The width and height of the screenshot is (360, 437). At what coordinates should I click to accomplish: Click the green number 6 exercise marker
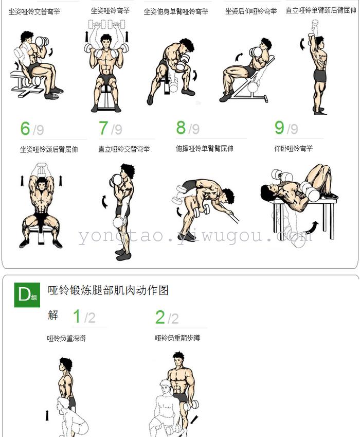[x=25, y=129]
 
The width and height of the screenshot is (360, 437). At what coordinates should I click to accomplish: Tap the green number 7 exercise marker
[x=103, y=128]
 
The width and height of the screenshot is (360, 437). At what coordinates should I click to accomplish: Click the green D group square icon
[x=27, y=295]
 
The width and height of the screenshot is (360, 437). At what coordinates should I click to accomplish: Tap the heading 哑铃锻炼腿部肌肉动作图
[x=108, y=290]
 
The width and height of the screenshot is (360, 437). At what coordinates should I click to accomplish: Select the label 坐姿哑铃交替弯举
[x=34, y=12]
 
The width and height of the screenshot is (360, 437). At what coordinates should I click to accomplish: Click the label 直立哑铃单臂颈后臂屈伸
[x=321, y=10]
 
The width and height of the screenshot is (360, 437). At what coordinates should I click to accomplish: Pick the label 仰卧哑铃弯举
[x=294, y=149]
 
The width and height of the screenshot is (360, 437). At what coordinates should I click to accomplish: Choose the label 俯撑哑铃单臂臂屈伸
[x=204, y=149]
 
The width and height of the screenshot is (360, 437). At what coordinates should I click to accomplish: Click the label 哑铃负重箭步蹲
[x=177, y=338]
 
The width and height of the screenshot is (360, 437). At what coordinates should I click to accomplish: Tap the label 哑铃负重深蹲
[x=66, y=338]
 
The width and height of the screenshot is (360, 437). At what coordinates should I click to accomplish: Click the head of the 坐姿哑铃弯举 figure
[x=106, y=41]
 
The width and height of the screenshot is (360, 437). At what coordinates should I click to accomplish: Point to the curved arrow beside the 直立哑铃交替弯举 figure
[x=104, y=202]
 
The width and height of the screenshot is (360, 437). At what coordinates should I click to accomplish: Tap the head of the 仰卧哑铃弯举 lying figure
[x=268, y=192]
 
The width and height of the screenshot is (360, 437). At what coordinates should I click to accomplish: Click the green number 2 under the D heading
[x=160, y=318]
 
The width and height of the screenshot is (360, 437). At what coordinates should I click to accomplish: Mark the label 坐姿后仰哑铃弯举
[x=251, y=11]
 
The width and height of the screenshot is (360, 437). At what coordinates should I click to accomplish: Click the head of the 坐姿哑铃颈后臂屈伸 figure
[x=42, y=184]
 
